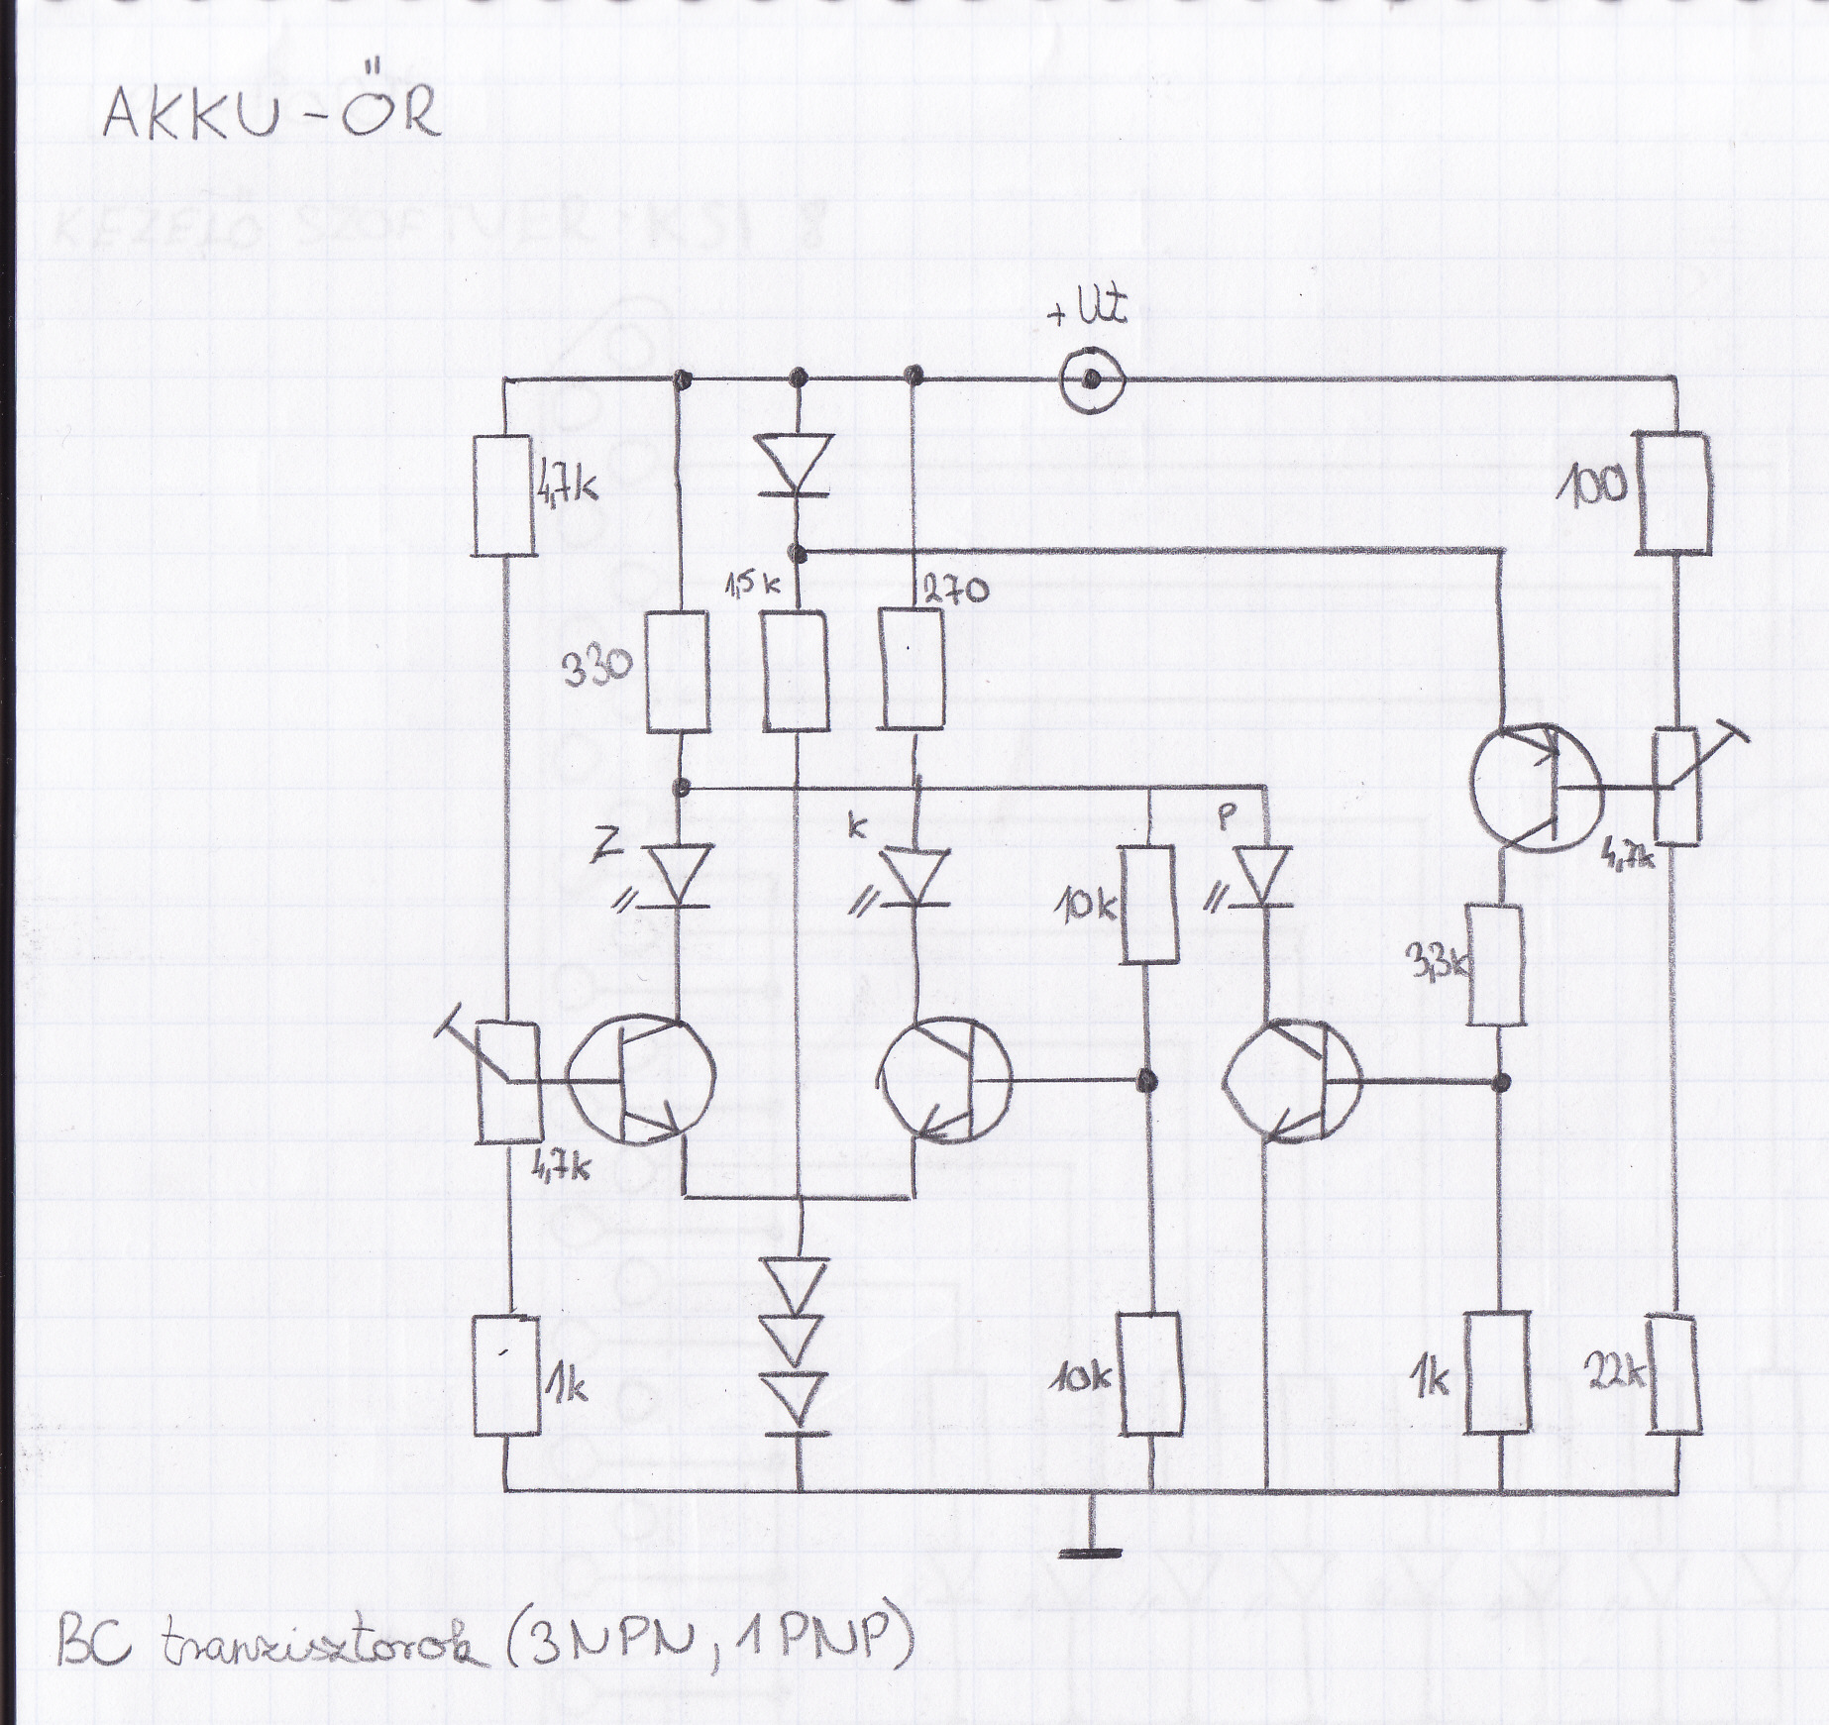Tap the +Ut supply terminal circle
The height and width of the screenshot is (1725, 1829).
click(x=1090, y=379)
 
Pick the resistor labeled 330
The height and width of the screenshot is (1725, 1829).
click(x=678, y=672)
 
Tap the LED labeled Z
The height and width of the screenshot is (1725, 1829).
click(x=680, y=874)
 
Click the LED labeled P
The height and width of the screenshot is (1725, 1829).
click(x=1266, y=874)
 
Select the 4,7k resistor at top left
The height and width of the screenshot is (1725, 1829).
click(x=504, y=494)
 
